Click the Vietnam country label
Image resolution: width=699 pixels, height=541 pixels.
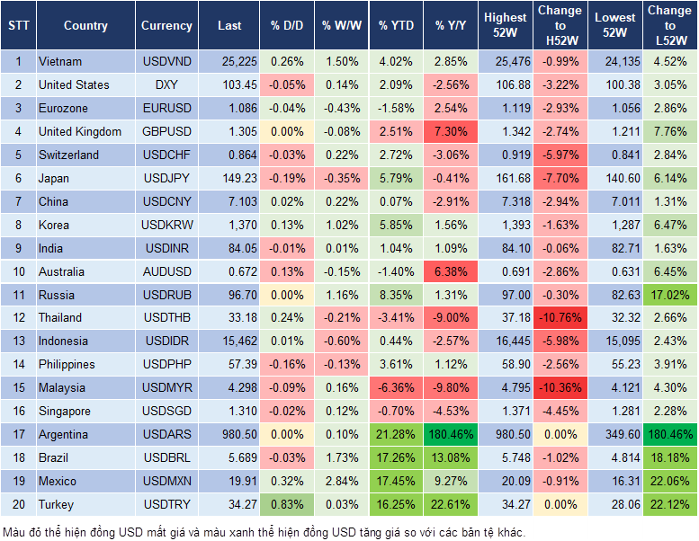tap(60, 62)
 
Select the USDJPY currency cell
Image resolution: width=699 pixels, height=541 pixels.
tap(166, 179)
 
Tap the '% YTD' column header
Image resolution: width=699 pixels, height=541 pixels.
tap(396, 26)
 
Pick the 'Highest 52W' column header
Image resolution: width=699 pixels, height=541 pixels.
tap(505, 26)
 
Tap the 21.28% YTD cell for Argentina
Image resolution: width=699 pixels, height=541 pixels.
tap(396, 435)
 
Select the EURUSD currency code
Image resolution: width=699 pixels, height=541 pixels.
tap(166, 109)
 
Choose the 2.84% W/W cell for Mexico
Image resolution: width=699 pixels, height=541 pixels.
tap(340, 482)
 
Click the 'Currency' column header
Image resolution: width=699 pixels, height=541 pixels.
tap(166, 26)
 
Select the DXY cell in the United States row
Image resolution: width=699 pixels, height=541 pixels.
tap(166, 85)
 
